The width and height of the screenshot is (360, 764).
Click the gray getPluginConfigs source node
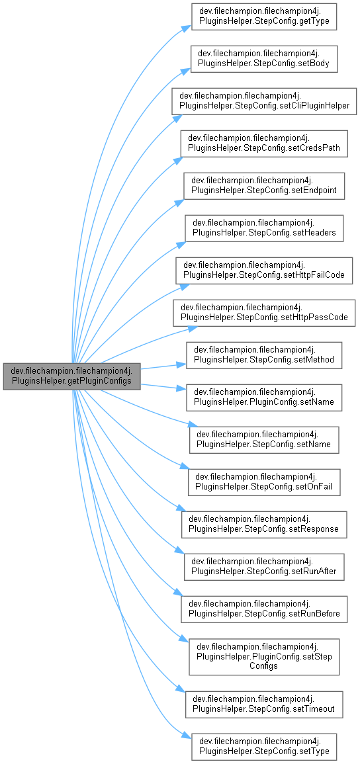click(72, 376)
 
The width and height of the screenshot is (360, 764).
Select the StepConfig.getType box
click(264, 17)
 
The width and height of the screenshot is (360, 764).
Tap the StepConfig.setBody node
click(264, 59)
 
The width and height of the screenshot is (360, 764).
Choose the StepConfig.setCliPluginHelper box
click(264, 101)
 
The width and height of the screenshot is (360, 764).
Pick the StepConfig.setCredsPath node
click(264, 144)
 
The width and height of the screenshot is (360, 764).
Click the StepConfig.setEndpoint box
click(264, 186)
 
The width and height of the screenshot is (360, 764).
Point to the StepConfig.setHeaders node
click(264, 228)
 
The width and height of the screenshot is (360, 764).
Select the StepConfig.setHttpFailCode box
click(264, 271)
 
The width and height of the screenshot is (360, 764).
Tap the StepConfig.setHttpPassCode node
click(264, 313)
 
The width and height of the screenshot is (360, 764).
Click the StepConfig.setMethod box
click(264, 355)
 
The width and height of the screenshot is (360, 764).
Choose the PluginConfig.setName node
click(264, 398)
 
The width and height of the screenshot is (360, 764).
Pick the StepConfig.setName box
click(264, 440)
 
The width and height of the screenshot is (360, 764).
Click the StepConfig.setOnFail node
click(264, 482)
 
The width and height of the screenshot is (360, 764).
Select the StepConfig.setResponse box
click(264, 525)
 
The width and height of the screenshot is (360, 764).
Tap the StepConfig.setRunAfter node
click(264, 567)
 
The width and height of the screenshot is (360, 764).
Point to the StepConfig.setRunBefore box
click(264, 609)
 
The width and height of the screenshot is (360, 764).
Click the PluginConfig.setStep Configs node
click(264, 657)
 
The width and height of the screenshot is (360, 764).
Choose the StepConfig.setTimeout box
click(264, 704)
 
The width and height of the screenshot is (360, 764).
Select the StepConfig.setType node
click(264, 746)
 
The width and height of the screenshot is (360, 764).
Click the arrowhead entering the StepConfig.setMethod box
click(183, 364)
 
